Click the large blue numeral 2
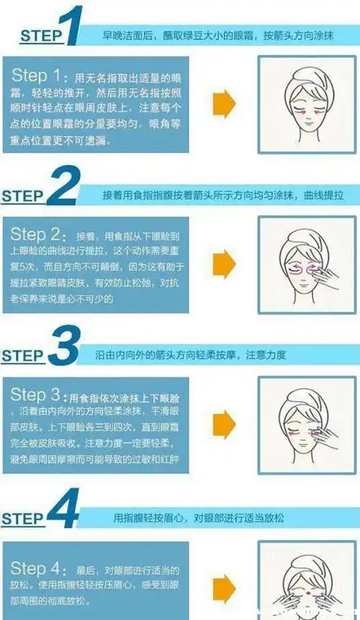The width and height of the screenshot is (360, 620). (x=66, y=188)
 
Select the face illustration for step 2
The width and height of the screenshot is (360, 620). (x=292, y=266)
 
